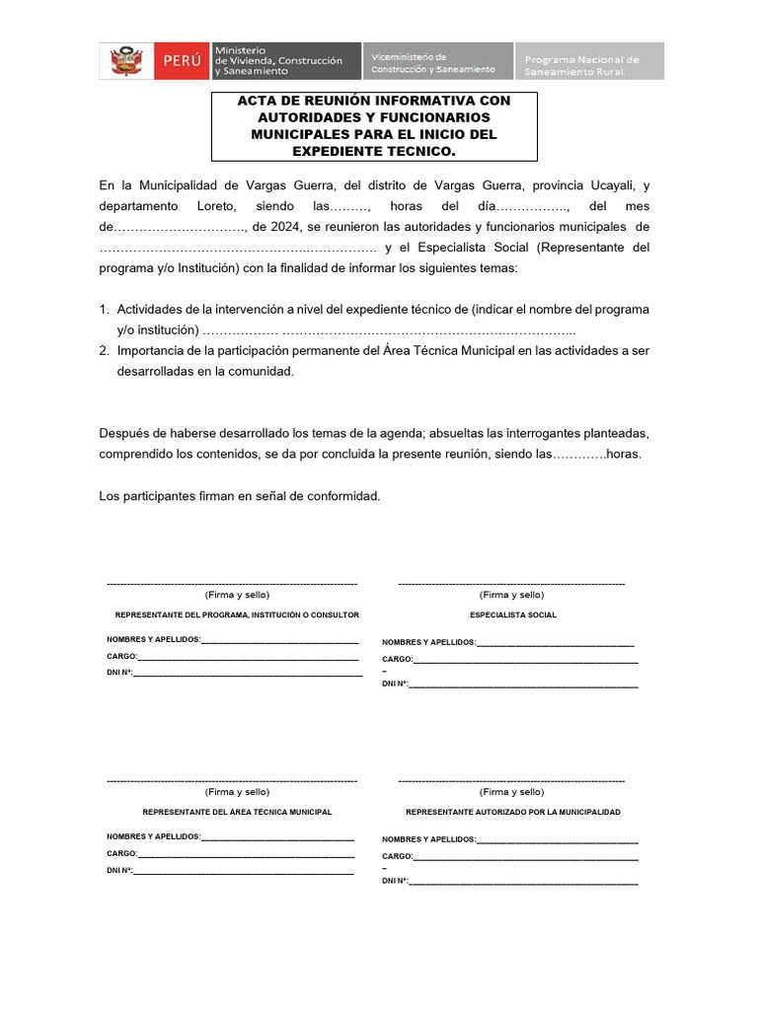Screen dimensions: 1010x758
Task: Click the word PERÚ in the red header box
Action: point(181,61)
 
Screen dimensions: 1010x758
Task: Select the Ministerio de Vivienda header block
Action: point(278,61)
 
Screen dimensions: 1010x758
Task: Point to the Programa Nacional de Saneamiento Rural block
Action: point(588,61)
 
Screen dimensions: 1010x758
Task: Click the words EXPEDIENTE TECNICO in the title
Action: point(374,151)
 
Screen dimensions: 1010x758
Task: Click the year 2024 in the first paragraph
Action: point(269,226)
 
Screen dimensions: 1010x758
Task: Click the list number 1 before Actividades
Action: point(105,309)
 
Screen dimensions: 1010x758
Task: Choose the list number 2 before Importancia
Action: point(105,350)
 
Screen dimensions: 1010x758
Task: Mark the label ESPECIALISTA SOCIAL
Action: point(513,614)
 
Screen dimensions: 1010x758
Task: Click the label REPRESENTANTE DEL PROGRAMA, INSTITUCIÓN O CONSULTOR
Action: point(237,614)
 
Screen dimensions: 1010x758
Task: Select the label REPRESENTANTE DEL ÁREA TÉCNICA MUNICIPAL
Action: point(237,812)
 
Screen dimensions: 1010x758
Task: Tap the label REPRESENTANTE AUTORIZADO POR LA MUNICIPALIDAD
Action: point(513,812)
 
